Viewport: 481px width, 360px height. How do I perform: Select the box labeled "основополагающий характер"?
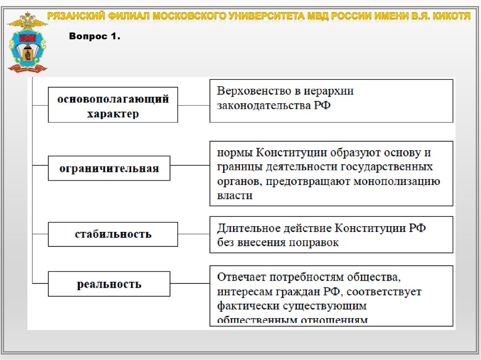coord(113,105)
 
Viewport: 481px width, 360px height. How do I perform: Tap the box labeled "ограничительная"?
coord(109,169)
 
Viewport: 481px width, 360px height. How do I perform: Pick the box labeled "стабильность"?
coord(113,234)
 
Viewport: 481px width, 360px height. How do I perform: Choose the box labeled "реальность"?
coord(109,284)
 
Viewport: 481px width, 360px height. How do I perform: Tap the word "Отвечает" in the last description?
coord(240,277)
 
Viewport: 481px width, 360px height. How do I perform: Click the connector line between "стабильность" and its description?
coord(194,234)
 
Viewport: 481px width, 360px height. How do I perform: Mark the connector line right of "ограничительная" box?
coord(190,165)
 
